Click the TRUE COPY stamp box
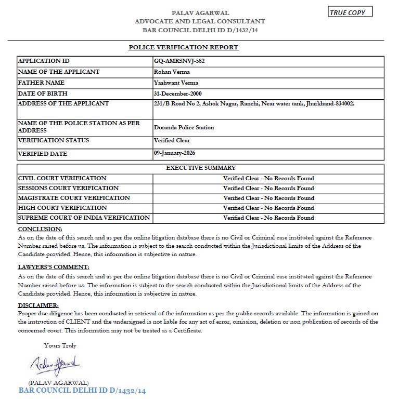[351, 12]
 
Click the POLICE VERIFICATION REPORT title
[184, 47]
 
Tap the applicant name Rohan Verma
[172, 72]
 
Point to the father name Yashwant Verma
[176, 83]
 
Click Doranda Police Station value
[184, 127]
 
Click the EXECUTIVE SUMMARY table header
[200, 168]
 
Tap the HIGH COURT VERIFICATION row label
[59, 208]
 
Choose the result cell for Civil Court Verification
[268, 178]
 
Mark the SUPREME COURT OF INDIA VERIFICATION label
[84, 218]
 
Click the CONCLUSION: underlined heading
[40, 229]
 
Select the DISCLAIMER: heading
[38, 305]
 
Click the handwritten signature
[54, 364]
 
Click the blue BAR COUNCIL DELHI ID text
[82, 390]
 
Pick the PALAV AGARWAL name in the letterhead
[200, 12]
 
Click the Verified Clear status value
[172, 140]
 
